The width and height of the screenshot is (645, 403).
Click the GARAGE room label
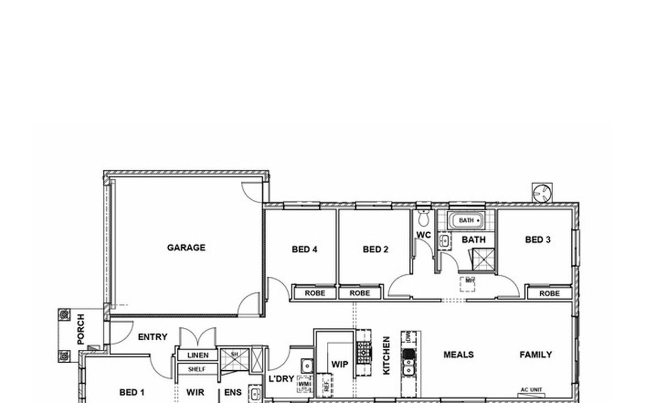(x=186, y=248)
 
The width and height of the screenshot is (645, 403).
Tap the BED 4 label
(x=305, y=249)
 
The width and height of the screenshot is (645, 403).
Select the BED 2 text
(x=375, y=249)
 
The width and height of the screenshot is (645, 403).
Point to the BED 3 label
(x=537, y=240)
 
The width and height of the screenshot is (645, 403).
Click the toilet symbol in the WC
(x=424, y=218)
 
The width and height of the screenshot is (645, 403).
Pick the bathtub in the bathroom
(x=466, y=220)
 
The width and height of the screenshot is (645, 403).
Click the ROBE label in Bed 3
(x=549, y=293)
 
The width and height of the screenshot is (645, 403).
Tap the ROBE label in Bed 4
(x=315, y=293)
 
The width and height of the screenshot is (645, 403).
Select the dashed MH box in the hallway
(x=469, y=283)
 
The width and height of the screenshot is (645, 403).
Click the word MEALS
(x=458, y=355)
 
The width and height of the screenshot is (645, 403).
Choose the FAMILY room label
(x=535, y=355)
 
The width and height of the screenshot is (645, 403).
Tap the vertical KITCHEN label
(x=386, y=356)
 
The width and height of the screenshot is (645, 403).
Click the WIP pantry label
(x=340, y=364)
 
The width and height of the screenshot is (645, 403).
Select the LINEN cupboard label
(x=197, y=356)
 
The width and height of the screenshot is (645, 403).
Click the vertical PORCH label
(x=81, y=329)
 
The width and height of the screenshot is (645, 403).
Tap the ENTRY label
(x=153, y=337)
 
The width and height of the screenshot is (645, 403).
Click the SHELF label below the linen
(x=197, y=369)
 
